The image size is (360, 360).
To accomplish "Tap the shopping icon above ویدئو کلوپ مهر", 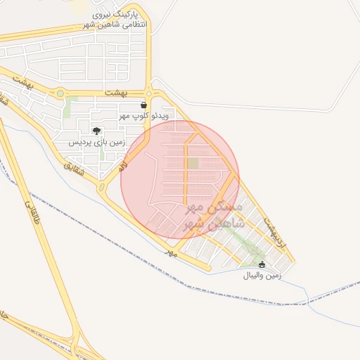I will pos(143,105).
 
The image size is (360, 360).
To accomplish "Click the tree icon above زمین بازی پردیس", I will pos(96,131).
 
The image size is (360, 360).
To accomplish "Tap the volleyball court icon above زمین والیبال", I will pos(262,265).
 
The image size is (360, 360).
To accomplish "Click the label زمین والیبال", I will pos(262,276).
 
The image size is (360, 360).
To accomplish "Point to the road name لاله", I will pos(122,167).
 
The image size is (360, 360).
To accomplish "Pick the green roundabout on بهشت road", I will pos(60,93).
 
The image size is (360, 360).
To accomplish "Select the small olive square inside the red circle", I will pos(193,163).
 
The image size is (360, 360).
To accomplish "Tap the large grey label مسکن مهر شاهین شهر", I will pos(214,216).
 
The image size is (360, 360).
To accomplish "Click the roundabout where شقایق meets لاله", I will pos(102,188).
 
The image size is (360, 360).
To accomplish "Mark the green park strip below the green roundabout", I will pos(68,109).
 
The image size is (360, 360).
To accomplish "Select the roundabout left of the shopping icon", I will pos(149,92).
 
